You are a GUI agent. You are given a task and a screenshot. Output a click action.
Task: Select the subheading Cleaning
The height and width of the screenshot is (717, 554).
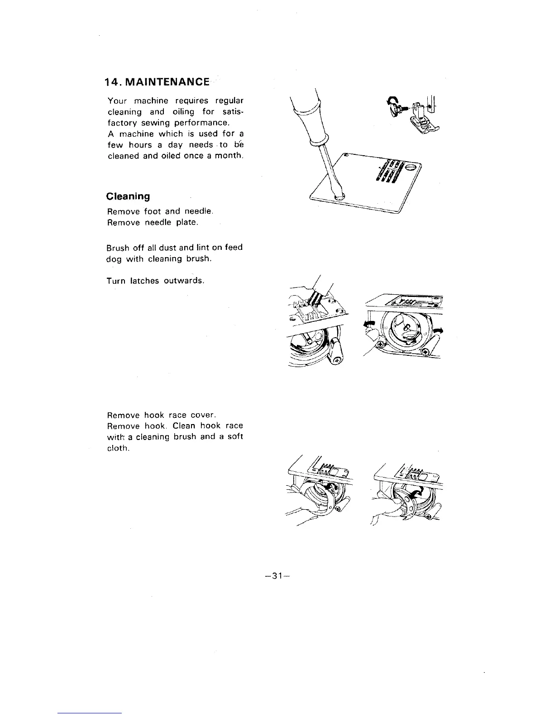[128, 196]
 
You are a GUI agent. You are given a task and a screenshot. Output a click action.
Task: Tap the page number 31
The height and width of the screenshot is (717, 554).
[275, 576]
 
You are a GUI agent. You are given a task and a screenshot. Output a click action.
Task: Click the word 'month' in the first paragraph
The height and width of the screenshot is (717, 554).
[231, 156]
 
